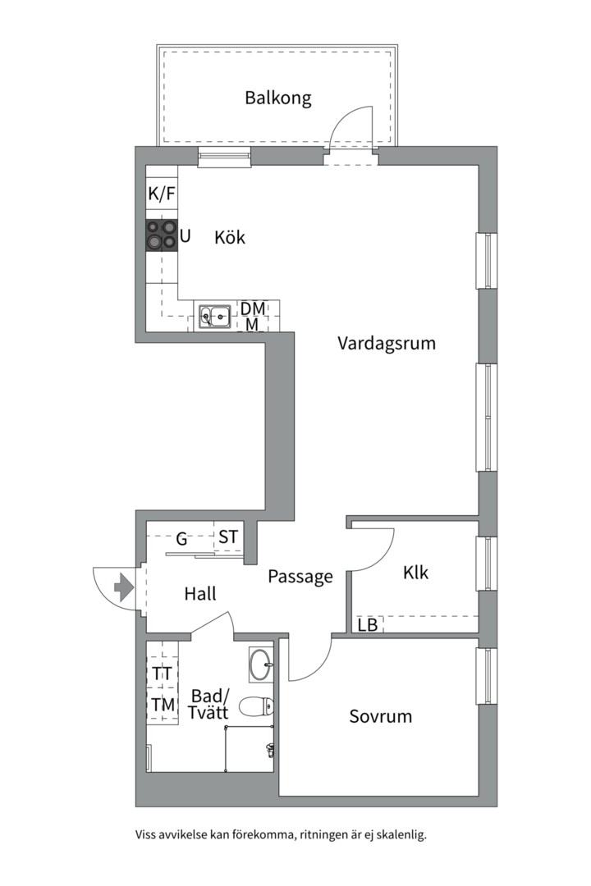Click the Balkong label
pyautogui.click(x=278, y=98)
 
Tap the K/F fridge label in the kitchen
pyautogui.click(x=162, y=194)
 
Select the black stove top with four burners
pyautogui.click(x=162, y=235)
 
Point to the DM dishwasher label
pyautogui.click(x=253, y=308)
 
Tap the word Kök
pyautogui.click(x=230, y=238)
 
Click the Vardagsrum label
pyautogui.click(x=386, y=343)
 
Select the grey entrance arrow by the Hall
pyautogui.click(x=122, y=587)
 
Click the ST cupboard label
pyautogui.click(x=228, y=538)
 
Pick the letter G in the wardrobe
pyautogui.click(x=182, y=540)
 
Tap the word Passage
pyautogui.click(x=300, y=577)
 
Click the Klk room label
pyautogui.click(x=415, y=573)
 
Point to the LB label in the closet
pyautogui.click(x=367, y=625)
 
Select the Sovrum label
pyautogui.click(x=381, y=716)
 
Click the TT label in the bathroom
pyautogui.click(x=162, y=674)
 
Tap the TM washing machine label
pyautogui.click(x=163, y=704)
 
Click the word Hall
pyautogui.click(x=200, y=594)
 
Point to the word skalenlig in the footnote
pyautogui.click(x=399, y=835)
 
